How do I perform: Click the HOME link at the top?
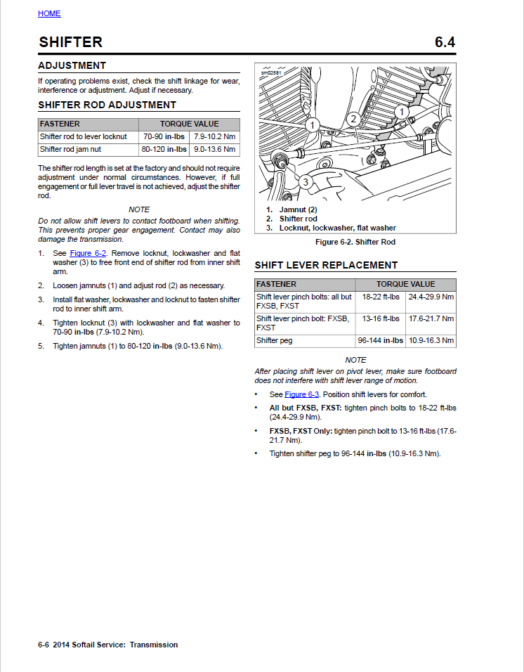pyautogui.click(x=49, y=13)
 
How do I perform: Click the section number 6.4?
pyautogui.click(x=445, y=42)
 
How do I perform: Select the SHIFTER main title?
pyautogui.click(x=71, y=42)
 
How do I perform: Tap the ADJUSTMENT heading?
pyautogui.click(x=72, y=65)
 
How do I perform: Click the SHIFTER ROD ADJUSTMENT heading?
pyautogui.click(x=107, y=105)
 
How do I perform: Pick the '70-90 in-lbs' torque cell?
pyautogui.click(x=165, y=136)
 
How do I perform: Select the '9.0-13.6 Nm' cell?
pyautogui.click(x=215, y=149)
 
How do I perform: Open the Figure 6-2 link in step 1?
pyautogui.click(x=88, y=252)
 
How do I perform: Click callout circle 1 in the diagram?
pyautogui.click(x=401, y=111)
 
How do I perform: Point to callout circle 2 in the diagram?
pyautogui.click(x=354, y=118)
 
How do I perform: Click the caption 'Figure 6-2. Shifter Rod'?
pyautogui.click(x=355, y=242)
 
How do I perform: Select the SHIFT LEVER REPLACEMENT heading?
pyautogui.click(x=326, y=265)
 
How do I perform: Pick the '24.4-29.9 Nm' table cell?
pyautogui.click(x=431, y=297)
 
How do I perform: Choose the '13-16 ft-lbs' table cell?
pyautogui.click(x=380, y=318)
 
